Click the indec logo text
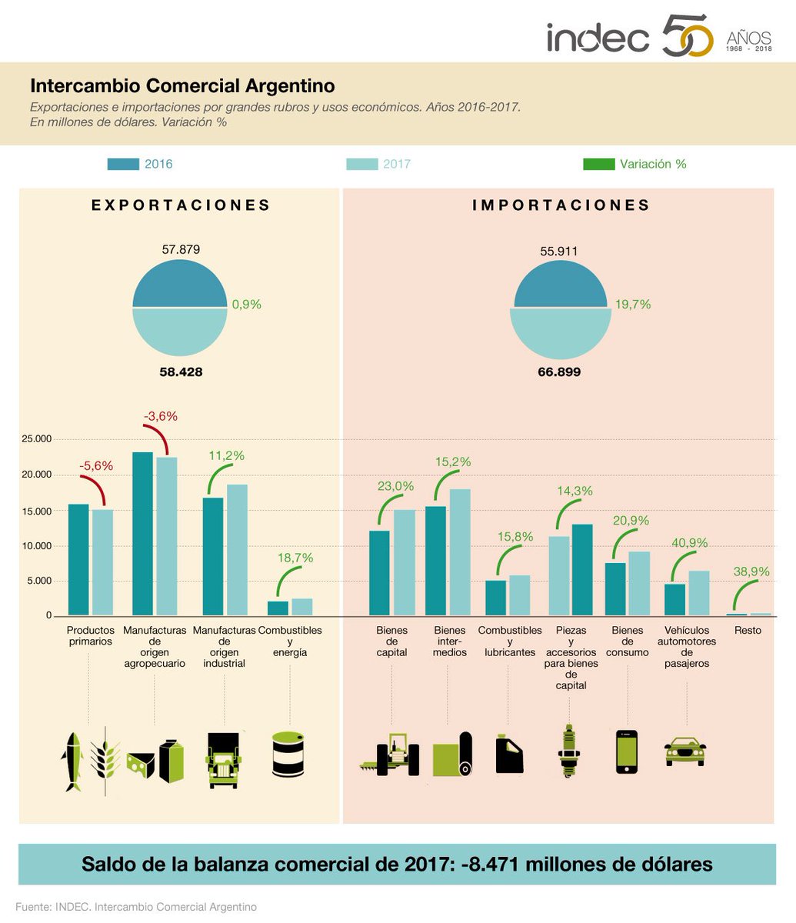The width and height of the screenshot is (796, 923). pos(598,37)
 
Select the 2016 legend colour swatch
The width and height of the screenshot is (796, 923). pos(123,164)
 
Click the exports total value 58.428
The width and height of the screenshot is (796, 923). pos(182,372)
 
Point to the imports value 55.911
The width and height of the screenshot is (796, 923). pos(559,251)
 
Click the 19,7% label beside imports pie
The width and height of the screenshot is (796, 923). pos(632,305)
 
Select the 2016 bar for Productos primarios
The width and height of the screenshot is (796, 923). pos(78,560)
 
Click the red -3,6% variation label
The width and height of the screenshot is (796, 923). pos(160,416)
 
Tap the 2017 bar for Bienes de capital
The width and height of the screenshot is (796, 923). pos(405,562)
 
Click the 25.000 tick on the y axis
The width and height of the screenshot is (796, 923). pos(36,439)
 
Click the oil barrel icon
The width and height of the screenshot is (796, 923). pos(290,753)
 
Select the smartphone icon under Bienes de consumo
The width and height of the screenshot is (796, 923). pos(627,751)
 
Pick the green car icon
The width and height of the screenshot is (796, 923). pos(684,751)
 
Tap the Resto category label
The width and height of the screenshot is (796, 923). pos(748,630)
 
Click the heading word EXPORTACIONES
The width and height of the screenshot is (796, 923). pos(181,205)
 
